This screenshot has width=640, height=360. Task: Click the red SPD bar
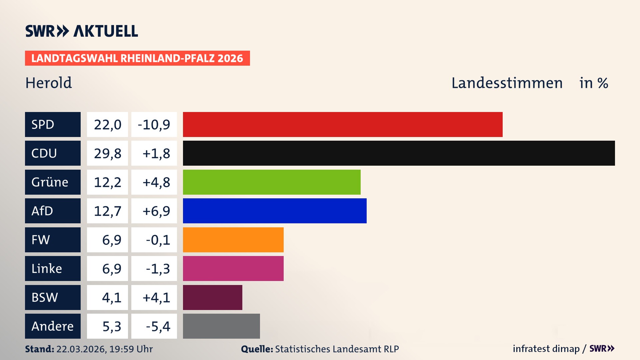(x=343, y=124)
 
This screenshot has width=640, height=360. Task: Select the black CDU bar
(x=399, y=153)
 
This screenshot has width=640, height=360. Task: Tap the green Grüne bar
(x=272, y=182)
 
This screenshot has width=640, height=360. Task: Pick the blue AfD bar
(x=275, y=211)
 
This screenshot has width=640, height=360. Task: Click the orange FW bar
(x=233, y=240)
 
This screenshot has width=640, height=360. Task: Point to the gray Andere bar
(x=221, y=326)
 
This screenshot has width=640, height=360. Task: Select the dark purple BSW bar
(x=213, y=297)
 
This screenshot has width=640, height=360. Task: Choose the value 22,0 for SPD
(x=107, y=125)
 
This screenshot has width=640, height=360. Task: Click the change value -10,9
(x=154, y=125)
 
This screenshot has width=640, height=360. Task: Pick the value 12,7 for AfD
(x=107, y=211)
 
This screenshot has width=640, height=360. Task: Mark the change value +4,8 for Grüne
(x=156, y=182)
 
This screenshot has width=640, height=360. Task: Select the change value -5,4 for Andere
(x=158, y=326)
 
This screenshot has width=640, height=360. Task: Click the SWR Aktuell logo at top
(x=82, y=31)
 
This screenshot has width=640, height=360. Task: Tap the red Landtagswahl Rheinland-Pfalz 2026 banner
(x=137, y=58)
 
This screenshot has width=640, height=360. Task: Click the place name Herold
(x=49, y=83)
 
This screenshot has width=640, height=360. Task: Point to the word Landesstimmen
(x=507, y=83)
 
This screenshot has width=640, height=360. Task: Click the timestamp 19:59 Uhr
(x=131, y=349)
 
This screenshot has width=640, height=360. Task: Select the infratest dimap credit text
(x=546, y=349)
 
